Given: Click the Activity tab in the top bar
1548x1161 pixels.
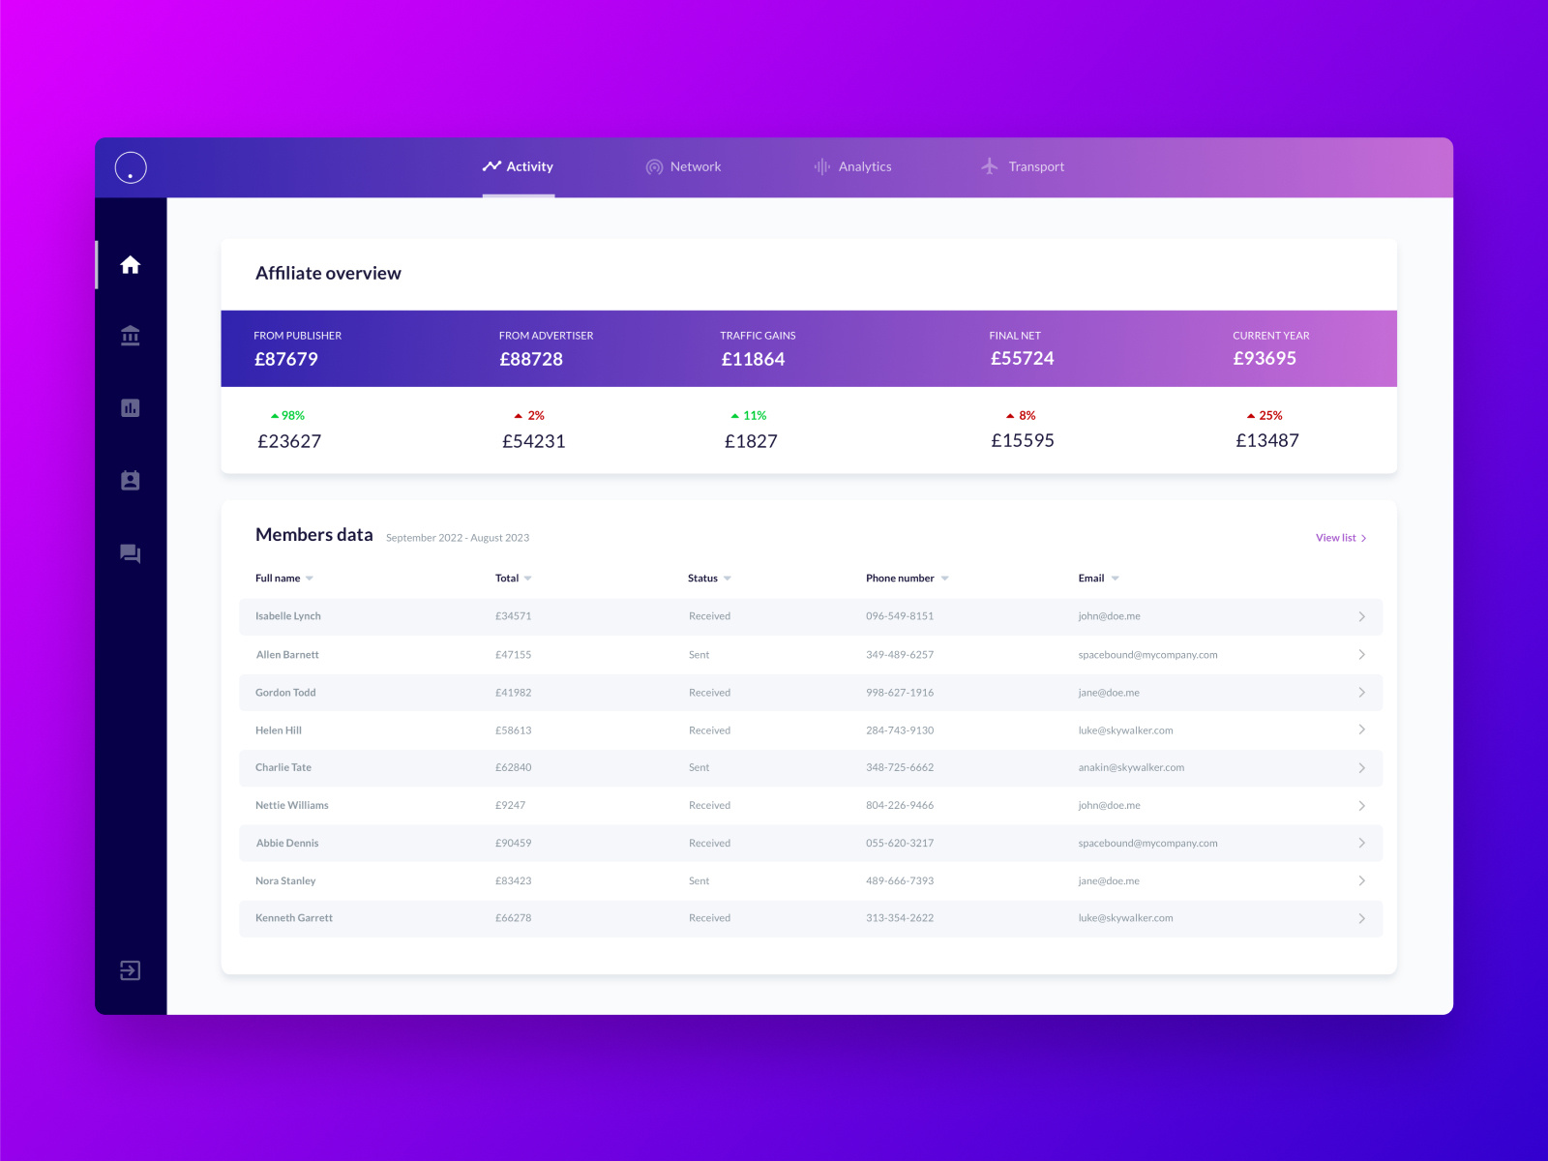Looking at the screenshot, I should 519,166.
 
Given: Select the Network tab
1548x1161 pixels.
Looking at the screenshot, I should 684,166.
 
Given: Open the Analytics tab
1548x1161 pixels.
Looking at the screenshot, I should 853,166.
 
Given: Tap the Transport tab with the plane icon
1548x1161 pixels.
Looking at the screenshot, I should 1023,166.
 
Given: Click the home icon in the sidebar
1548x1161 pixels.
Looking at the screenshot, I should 131,265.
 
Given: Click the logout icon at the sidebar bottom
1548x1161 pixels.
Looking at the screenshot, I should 131,970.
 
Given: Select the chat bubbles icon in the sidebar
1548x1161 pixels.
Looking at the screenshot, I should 131,553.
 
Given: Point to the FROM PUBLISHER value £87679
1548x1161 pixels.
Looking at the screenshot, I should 286,359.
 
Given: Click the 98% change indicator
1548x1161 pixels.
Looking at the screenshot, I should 288,415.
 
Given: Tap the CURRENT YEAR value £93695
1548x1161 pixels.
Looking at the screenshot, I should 1265,358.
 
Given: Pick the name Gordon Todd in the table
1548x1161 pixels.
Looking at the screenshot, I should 285,693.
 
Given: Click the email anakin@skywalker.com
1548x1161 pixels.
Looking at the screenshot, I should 1131,767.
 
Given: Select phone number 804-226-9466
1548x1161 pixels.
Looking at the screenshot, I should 900,805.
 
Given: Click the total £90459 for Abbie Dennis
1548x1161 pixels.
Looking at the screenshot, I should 513,843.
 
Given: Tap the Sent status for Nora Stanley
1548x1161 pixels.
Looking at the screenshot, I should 699,881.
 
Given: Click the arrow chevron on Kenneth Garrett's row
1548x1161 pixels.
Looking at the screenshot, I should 1361,918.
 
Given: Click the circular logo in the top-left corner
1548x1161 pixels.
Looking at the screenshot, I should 131,167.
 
